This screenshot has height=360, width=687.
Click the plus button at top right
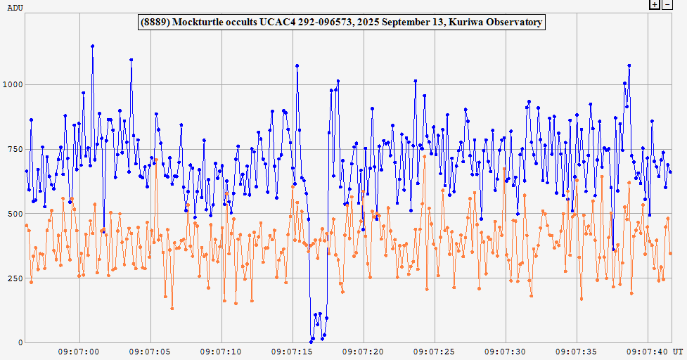coord(655,4)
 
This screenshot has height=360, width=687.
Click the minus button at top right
coord(668,4)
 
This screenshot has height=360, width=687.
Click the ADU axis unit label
coord(14,6)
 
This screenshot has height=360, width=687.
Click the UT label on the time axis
coord(676,351)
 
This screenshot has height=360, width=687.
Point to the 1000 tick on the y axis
coord(14,84)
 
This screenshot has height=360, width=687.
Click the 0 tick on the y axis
coord(20,343)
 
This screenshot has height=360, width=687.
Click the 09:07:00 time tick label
coord(79,351)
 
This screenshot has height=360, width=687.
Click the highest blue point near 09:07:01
coord(92,46)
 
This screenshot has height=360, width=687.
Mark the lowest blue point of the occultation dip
coord(312,342)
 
